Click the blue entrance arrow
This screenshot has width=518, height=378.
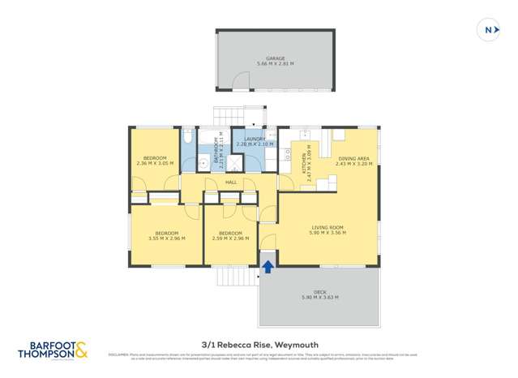268,266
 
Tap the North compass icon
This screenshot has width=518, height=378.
489,30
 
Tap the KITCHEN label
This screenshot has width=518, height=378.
304,165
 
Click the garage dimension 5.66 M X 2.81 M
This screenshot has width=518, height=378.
275,63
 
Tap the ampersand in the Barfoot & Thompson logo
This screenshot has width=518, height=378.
82,350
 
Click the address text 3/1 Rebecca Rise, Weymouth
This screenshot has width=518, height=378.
258,344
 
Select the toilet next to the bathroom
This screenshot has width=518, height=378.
188,140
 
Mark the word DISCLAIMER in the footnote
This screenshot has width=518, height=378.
118,354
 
